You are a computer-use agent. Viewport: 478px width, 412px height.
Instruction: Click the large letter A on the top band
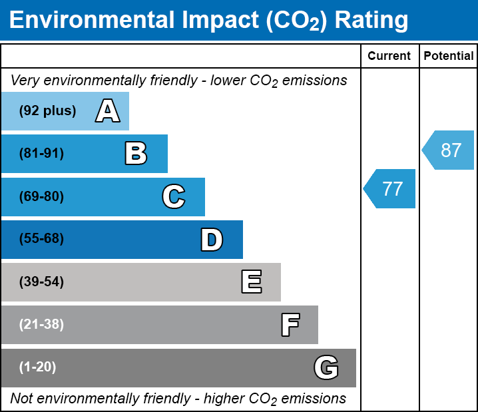tap(108, 111)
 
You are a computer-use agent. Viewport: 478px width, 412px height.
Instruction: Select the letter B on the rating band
tap(136, 154)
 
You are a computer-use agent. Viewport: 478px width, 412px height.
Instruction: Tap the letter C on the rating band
tap(173, 196)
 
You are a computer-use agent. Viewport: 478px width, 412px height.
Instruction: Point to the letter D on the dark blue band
tap(211, 240)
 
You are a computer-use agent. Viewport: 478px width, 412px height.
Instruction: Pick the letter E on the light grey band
tap(251, 282)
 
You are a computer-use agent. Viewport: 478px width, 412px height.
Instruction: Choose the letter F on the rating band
tap(290, 325)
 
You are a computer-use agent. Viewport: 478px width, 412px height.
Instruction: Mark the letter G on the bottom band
tap(326, 367)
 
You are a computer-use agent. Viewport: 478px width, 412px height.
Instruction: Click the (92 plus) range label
tap(47, 111)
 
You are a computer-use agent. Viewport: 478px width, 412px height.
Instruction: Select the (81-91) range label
tap(41, 154)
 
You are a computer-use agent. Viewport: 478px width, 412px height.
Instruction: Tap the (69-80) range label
tap(41, 196)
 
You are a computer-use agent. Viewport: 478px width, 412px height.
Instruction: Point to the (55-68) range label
tap(41, 239)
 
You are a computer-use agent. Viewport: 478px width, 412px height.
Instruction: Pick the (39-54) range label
tap(41, 282)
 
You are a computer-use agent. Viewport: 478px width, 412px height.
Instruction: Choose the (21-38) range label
tap(41, 325)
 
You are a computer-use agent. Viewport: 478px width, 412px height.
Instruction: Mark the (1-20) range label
tap(38, 367)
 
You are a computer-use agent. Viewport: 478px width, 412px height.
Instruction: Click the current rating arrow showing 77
tap(390, 189)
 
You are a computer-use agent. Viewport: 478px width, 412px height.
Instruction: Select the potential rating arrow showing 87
tap(449, 150)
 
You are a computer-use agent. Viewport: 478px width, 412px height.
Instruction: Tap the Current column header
tap(389, 57)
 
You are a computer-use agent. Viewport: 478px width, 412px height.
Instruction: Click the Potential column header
tap(449, 57)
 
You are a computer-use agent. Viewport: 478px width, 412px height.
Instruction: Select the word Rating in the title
tap(371, 21)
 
